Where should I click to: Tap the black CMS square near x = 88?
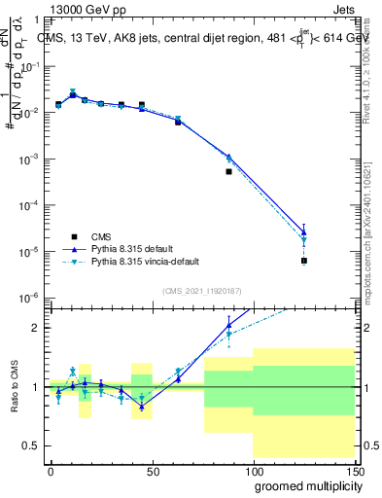click(229, 171)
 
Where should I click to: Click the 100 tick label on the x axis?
click(252, 470)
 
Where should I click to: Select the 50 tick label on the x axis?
click(151, 470)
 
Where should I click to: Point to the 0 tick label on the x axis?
click(51, 470)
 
